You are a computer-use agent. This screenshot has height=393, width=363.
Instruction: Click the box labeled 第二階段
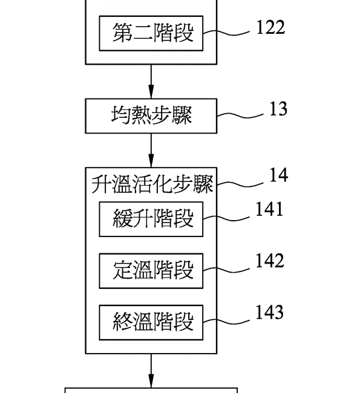151,34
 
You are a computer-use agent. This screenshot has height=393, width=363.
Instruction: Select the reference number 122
270,27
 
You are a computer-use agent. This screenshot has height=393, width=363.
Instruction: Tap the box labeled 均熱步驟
151,115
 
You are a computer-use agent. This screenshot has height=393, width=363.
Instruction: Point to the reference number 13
278,109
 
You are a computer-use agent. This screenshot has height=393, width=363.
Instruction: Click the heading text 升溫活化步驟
152,184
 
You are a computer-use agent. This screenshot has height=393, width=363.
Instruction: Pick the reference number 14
278,175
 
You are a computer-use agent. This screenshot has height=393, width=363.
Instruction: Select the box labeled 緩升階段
151,218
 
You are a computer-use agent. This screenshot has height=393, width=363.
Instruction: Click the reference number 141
269,209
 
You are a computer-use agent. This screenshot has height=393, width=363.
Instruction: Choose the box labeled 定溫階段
151,270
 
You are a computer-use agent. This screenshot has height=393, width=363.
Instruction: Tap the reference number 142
269,261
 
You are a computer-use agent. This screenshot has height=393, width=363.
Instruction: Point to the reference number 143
269,313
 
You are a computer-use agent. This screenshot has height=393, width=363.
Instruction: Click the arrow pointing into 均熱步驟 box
151,81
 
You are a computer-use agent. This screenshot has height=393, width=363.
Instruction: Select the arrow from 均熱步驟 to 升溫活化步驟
151,149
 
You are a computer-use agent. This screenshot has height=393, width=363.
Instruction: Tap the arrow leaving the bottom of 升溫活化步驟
151,370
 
